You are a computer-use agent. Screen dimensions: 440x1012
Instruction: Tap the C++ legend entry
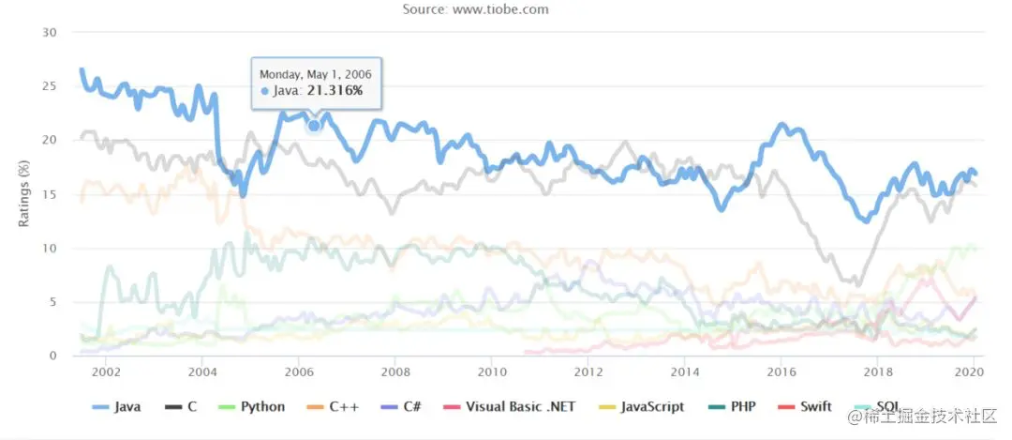341,407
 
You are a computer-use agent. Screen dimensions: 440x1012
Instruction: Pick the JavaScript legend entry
645,407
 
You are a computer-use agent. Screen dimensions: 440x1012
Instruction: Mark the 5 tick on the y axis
53,302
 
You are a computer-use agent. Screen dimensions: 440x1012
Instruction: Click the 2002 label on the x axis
105,372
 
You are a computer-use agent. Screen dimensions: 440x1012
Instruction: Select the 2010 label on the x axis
491,372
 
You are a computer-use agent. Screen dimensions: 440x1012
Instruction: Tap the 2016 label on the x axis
781,372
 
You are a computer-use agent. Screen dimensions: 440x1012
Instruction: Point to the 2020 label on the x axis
974,372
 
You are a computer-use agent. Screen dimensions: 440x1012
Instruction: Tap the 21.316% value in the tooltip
335,90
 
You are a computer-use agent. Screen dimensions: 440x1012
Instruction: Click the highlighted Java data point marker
314,125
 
